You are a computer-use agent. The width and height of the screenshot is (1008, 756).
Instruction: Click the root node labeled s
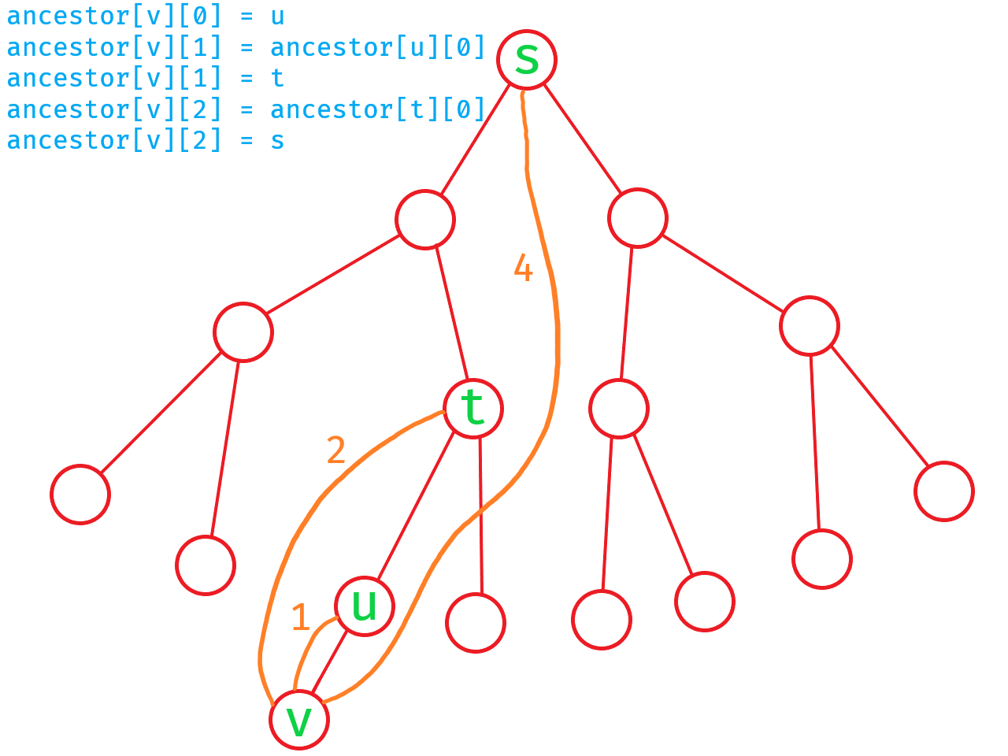(x=527, y=60)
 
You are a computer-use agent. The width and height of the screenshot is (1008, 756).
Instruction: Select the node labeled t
(x=472, y=409)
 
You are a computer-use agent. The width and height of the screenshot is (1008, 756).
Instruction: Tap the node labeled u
(x=364, y=606)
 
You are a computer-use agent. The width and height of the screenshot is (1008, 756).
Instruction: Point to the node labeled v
(x=299, y=720)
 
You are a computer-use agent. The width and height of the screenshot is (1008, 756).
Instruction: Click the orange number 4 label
(x=524, y=269)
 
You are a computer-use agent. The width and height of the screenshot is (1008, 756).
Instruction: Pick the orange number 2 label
(x=336, y=450)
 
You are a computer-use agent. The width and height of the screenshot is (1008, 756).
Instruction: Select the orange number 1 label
(x=300, y=617)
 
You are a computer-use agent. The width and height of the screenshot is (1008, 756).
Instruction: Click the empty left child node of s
(x=425, y=219)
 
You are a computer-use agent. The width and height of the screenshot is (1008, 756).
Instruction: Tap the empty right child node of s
(x=638, y=218)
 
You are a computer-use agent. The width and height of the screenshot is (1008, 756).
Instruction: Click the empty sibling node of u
(x=476, y=622)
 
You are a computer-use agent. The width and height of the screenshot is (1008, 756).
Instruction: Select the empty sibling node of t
(x=243, y=332)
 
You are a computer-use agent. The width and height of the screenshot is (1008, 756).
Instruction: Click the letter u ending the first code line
(x=277, y=16)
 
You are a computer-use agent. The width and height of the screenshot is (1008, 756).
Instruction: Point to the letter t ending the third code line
(x=277, y=78)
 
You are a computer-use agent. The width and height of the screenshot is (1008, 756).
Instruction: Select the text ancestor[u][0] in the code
(x=377, y=47)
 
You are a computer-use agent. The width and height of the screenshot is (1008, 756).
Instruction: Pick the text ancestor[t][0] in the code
(x=377, y=109)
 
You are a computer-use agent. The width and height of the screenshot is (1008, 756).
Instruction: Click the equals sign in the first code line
(x=246, y=16)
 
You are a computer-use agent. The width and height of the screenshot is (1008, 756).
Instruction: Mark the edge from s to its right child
(x=582, y=139)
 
